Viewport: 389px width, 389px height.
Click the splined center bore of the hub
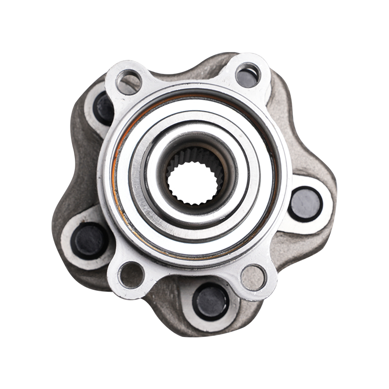click(194, 182)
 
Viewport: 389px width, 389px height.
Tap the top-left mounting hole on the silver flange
click(129, 82)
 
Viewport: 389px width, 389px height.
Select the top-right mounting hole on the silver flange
click(248, 75)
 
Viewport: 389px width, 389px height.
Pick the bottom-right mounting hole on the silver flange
click(253, 277)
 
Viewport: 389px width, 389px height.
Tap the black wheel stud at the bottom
click(211, 301)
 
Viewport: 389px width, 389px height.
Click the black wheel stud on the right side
click(305, 204)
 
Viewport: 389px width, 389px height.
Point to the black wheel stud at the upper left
click(104, 108)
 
